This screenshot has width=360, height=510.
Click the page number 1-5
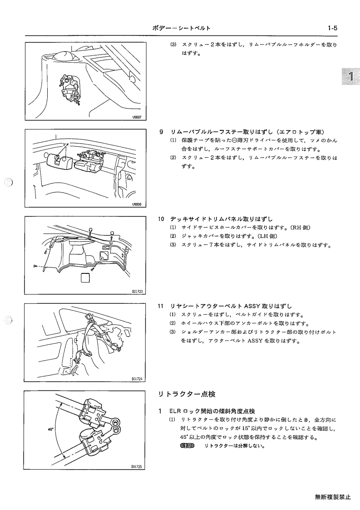332,28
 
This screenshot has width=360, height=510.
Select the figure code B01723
137,292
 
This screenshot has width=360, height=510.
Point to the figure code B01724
137,379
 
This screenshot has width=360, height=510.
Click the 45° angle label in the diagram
50,429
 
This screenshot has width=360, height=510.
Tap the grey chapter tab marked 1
351,76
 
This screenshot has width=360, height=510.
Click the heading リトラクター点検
187,394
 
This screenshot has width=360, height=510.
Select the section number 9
161,132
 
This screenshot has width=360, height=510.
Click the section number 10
161,219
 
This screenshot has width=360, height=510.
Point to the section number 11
161,306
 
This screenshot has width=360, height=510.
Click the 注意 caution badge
186,446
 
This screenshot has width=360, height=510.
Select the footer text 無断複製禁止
333,497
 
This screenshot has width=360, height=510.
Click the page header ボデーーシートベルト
182,28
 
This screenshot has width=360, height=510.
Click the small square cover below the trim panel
85,278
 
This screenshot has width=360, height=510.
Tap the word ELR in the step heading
174,411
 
